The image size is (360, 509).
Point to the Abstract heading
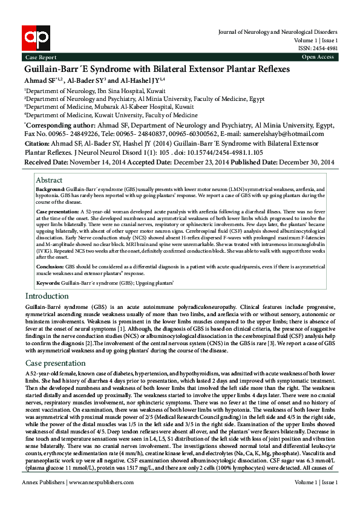(49, 180)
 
